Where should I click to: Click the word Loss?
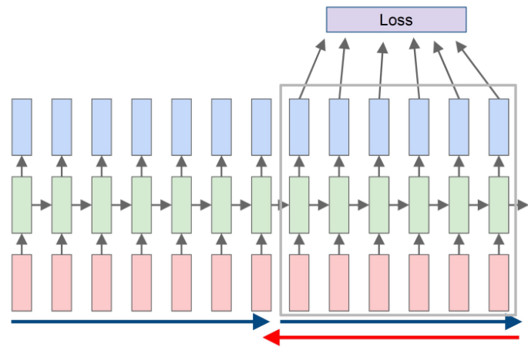[396, 20]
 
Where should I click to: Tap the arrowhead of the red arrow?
[270, 338]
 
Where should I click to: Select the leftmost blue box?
[22, 126]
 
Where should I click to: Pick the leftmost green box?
[22, 204]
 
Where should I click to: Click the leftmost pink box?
[22, 282]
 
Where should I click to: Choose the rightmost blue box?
[499, 126]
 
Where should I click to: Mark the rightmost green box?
[499, 204]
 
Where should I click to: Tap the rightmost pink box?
[499, 282]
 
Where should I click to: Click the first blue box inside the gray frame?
[299, 126]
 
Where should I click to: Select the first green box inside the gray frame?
[299, 204]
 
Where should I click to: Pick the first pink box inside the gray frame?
[299, 282]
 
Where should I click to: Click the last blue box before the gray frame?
[261, 126]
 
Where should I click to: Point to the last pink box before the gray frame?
[261, 282]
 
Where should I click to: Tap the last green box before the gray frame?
[261, 204]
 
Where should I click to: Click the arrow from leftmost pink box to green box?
[22, 244]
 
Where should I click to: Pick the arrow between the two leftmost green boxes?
[42, 205]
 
